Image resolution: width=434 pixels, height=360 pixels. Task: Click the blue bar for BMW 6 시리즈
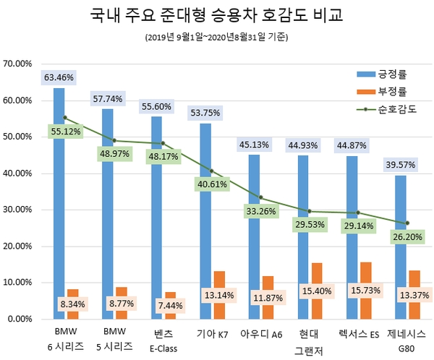59,202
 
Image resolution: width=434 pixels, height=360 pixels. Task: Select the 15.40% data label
316,302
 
